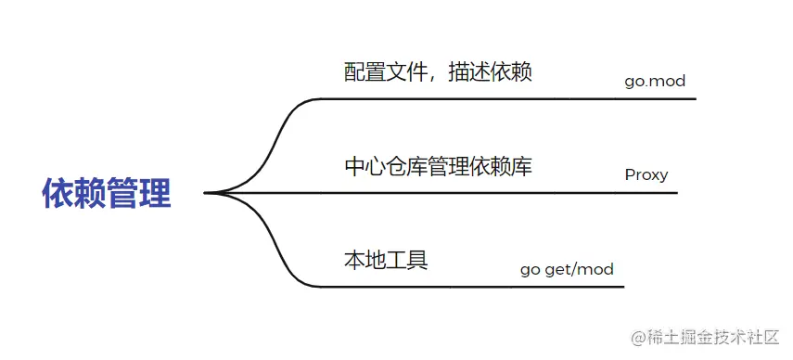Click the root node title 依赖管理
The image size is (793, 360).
pyautogui.click(x=107, y=194)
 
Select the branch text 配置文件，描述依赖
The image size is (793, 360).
pyautogui.click(x=438, y=71)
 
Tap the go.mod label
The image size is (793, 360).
pyautogui.click(x=655, y=81)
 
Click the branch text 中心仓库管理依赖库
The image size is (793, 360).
pyautogui.click(x=438, y=167)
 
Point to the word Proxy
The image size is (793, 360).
pyautogui.click(x=646, y=174)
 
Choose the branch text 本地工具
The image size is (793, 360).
pyautogui.click(x=386, y=259)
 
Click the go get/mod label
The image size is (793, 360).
pyautogui.click(x=567, y=270)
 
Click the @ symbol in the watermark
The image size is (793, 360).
pyautogui.click(x=638, y=339)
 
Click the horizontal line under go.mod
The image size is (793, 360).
pyautogui.click(x=556, y=98)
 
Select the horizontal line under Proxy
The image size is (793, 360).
pyautogui.click(x=556, y=193)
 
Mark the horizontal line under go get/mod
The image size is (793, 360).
pyautogui.click(x=510, y=287)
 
